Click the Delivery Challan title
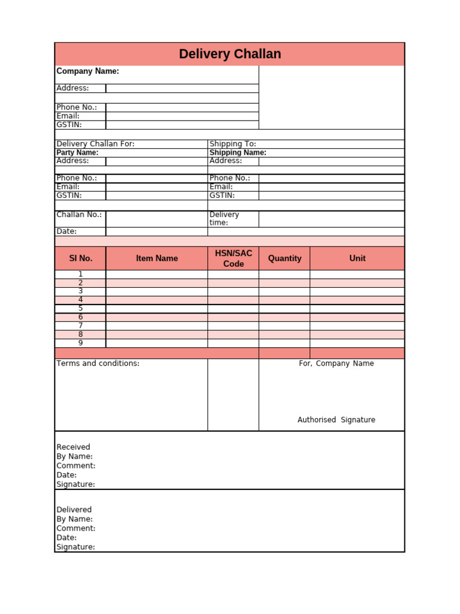tap(229, 54)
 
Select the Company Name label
tap(87, 71)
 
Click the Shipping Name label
tap(238, 152)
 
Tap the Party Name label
tap(77, 152)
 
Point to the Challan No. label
tap(79, 215)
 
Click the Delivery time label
tap(225, 218)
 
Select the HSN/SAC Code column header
tap(233, 258)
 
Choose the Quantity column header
tap(285, 258)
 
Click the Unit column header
tap(357, 258)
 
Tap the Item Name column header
tap(157, 258)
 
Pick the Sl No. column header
tap(80, 258)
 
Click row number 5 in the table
tap(80, 308)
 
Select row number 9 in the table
tap(80, 343)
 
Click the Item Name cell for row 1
tap(157, 274)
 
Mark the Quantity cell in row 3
tap(285, 291)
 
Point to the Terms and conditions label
tap(98, 363)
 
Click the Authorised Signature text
tap(336, 420)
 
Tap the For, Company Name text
tap(336, 363)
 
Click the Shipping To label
tap(232, 144)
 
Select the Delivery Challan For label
tap(95, 144)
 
